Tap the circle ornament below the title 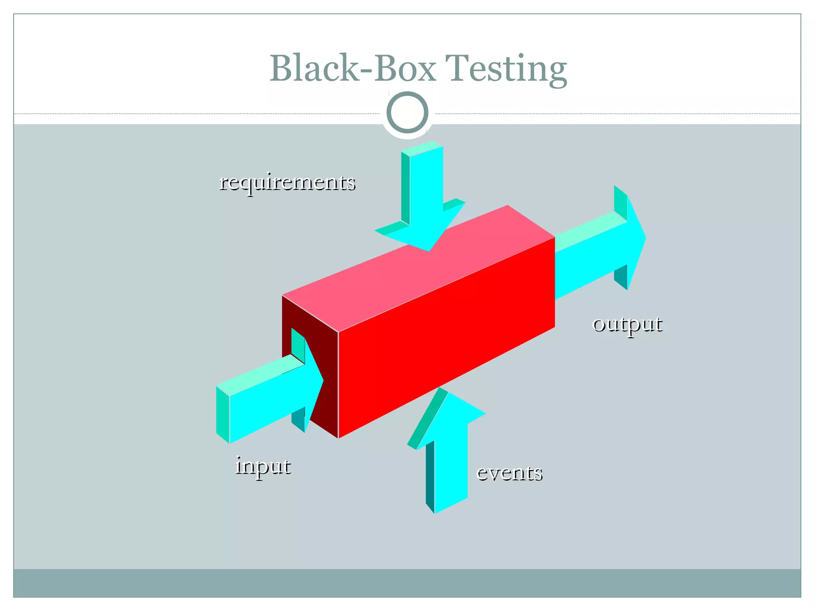pyautogui.click(x=407, y=113)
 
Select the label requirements pyautogui.click(x=287, y=183)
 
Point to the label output pyautogui.click(x=627, y=324)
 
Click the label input pyautogui.click(x=263, y=466)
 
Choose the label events pyautogui.click(x=509, y=473)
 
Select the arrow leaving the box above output pyautogui.click(x=597, y=255)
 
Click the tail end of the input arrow pyautogui.click(x=223, y=414)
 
